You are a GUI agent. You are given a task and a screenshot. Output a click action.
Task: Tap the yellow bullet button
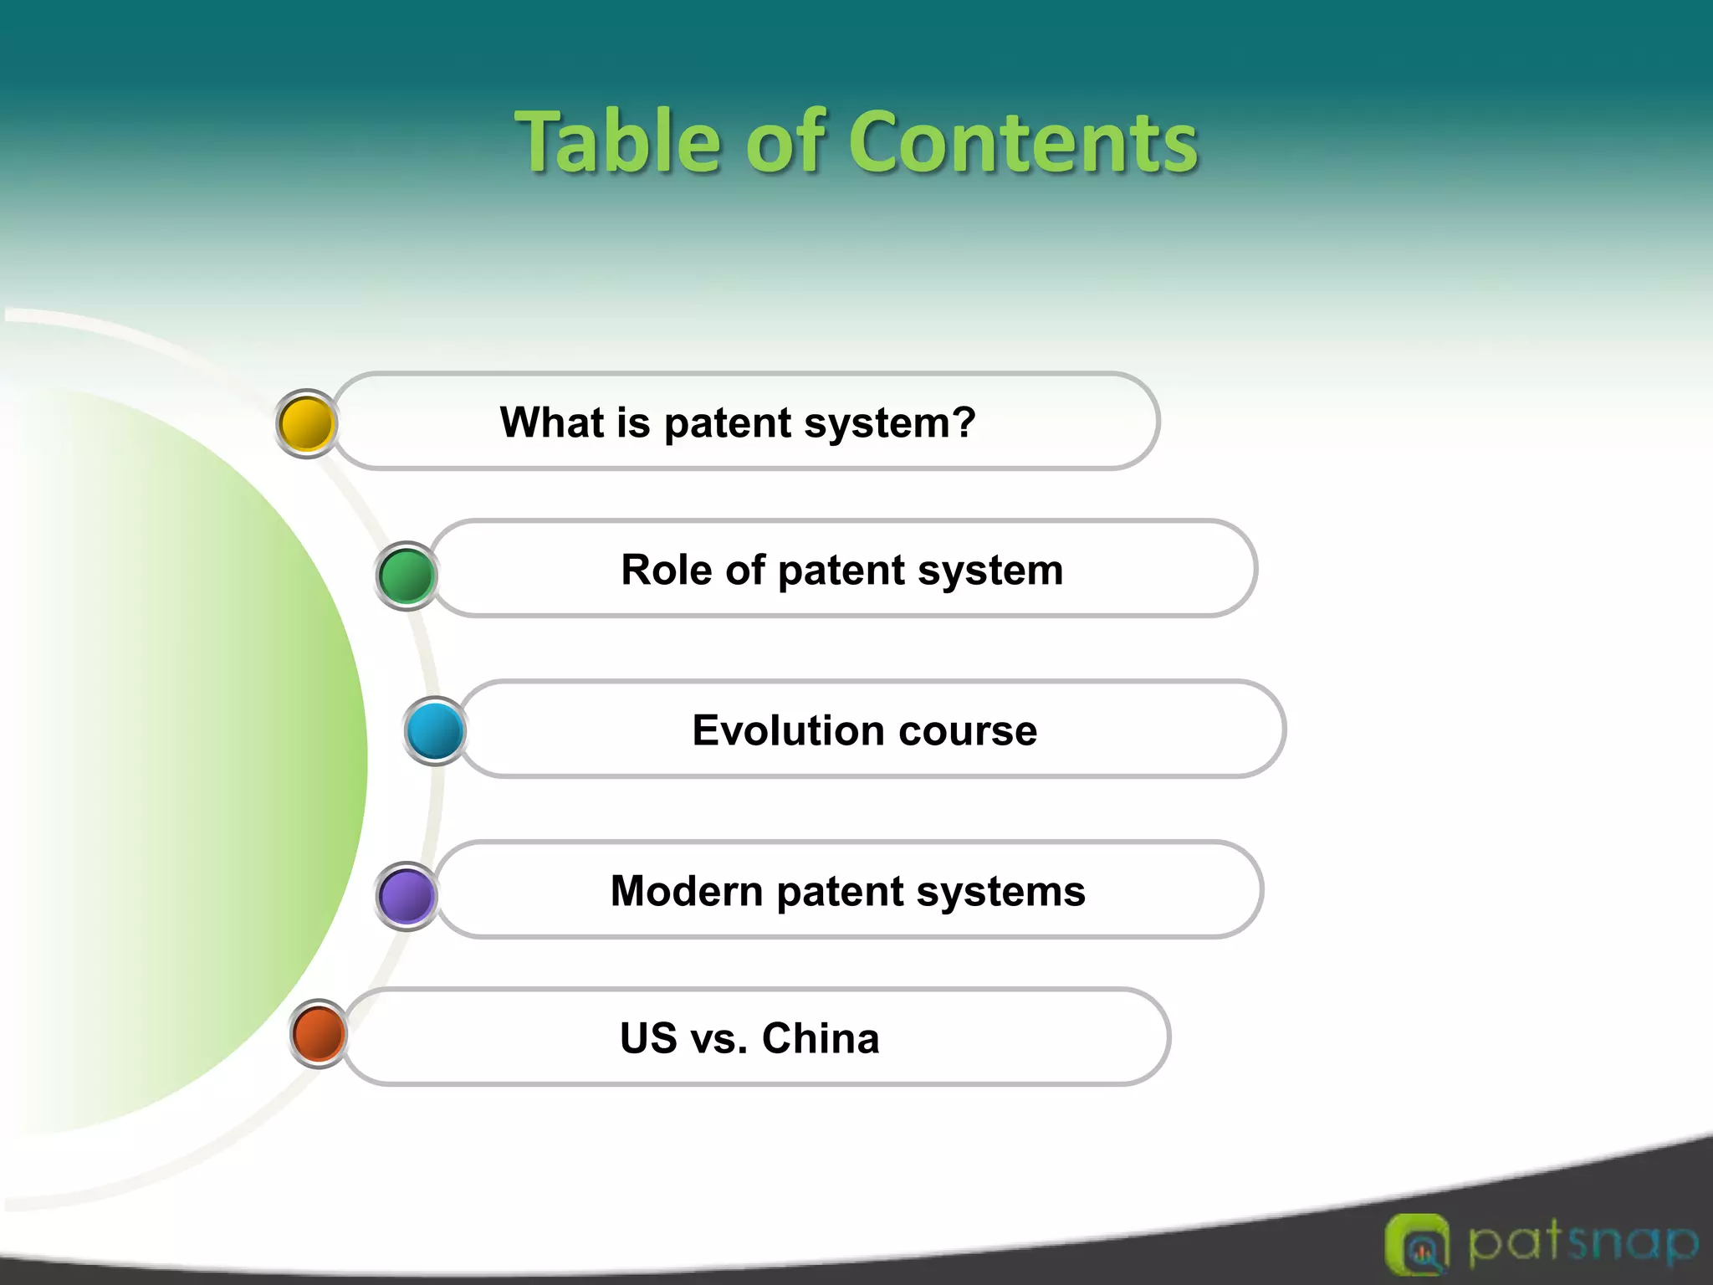coord(307,424)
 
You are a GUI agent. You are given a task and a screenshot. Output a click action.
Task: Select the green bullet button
coord(407,576)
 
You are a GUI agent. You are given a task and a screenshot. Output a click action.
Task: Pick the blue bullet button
coord(435,730)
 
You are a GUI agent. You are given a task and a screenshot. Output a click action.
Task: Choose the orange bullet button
coord(319,1033)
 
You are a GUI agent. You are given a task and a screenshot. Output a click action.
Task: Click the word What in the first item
coord(552,422)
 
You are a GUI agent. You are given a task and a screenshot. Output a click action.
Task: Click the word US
coord(648,1038)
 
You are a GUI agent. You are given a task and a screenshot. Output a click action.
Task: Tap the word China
coord(821,1038)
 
